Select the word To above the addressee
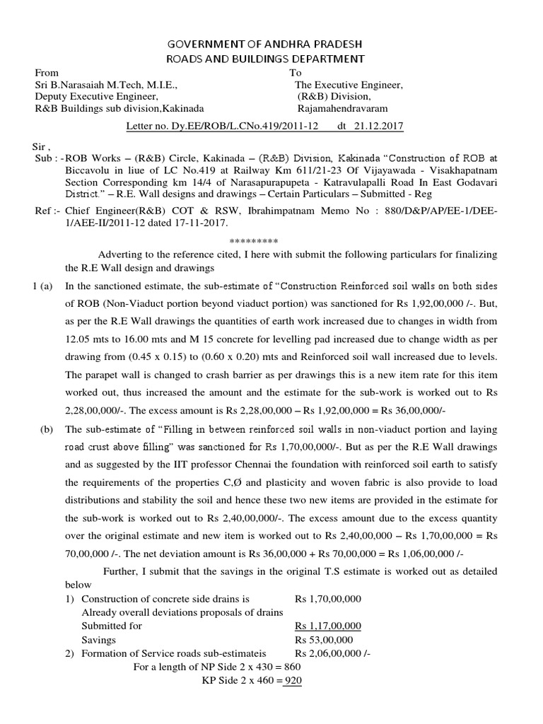[296, 73]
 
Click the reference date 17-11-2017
[202, 223]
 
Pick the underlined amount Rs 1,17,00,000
[327, 626]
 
